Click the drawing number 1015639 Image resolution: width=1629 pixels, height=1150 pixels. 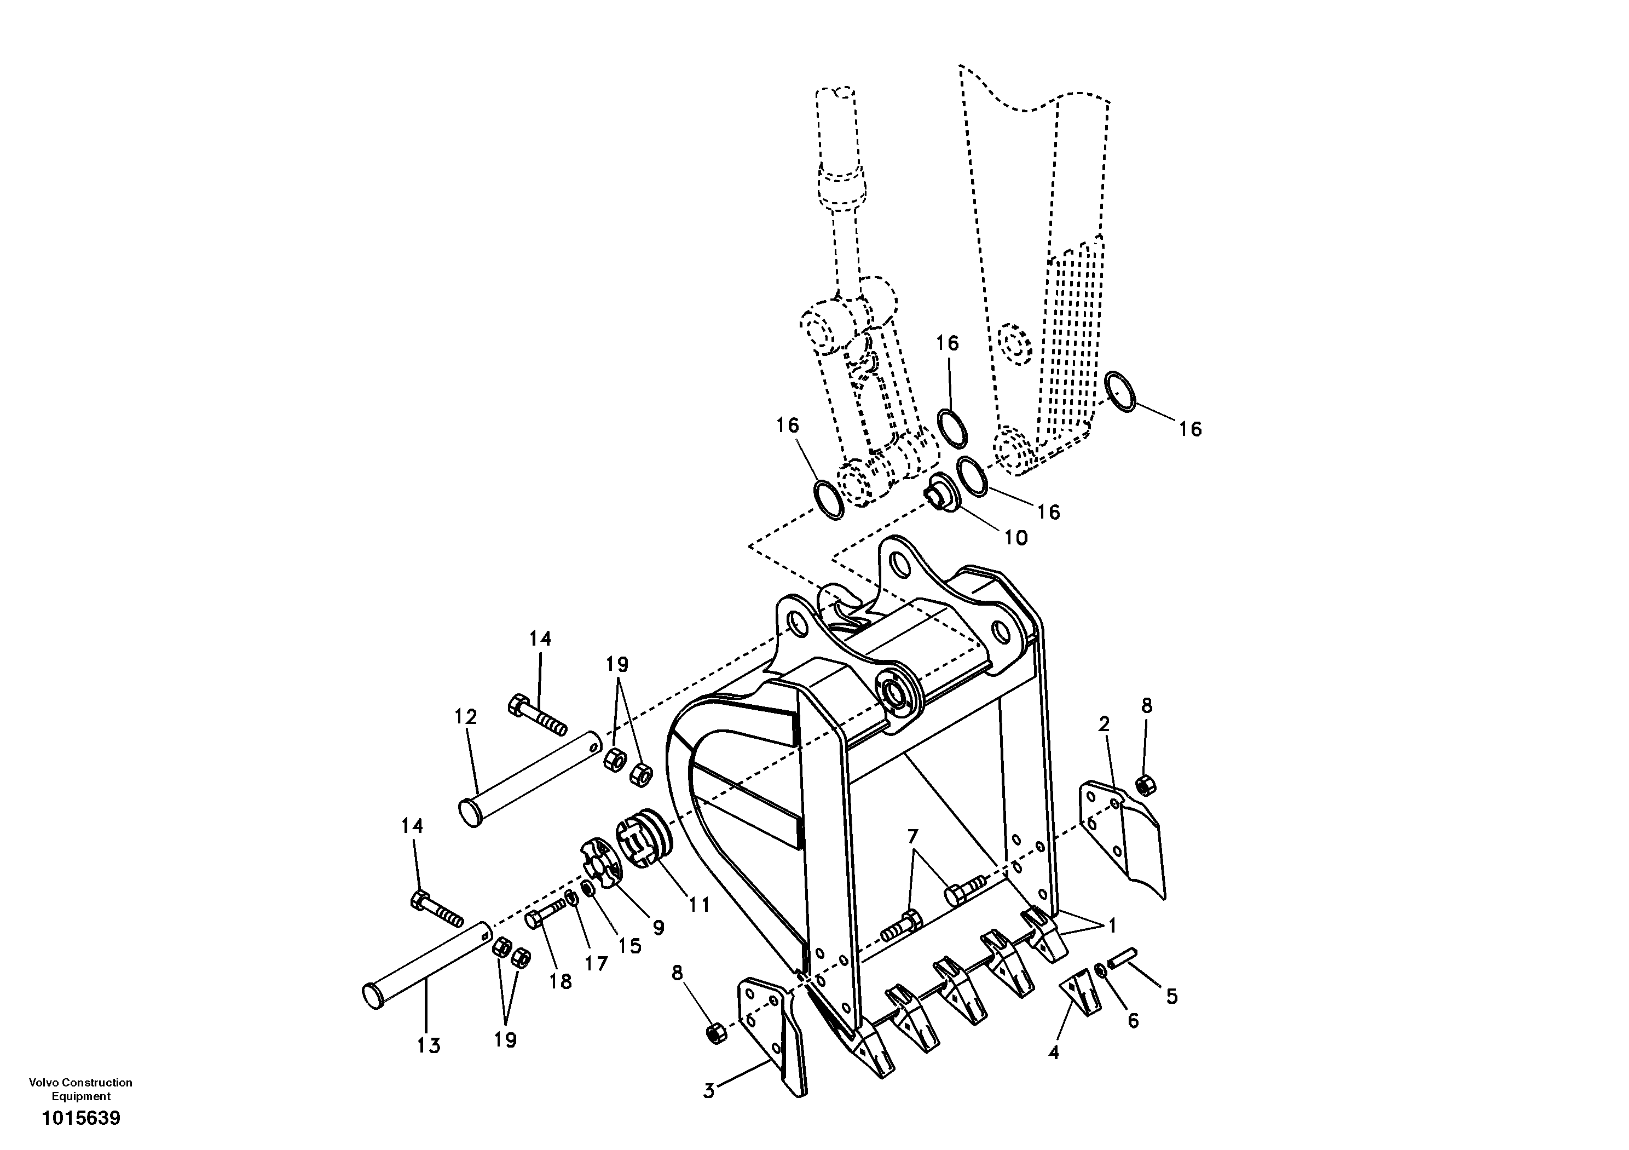click(81, 1119)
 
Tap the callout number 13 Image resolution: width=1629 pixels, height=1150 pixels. click(429, 1045)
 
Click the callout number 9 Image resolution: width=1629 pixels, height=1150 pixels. click(658, 927)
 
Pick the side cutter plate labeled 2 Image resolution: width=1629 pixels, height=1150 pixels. click(1123, 838)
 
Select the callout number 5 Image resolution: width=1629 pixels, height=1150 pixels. click(1171, 997)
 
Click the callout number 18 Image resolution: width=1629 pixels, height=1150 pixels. click(560, 982)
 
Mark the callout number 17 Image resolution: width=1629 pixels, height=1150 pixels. click(596, 963)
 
